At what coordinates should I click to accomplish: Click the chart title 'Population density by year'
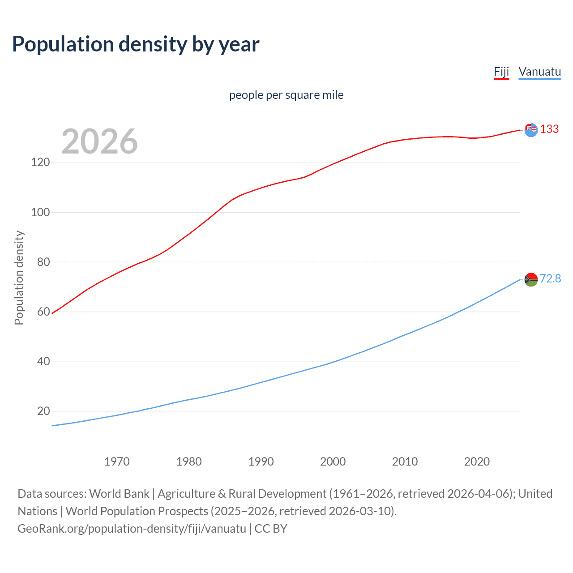[136, 44]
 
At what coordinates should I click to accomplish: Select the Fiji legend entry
[501, 72]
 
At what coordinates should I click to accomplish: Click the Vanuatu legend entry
[539, 72]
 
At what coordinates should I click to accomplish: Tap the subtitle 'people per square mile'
[286, 95]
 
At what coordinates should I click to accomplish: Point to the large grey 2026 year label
[99, 141]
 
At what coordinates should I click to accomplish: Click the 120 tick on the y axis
[40, 162]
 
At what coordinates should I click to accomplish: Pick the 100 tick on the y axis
[40, 212]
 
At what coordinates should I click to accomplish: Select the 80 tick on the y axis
[43, 262]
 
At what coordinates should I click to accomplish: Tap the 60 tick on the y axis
[43, 312]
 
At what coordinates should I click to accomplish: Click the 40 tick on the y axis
[43, 361]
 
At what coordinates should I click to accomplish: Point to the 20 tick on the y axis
[43, 411]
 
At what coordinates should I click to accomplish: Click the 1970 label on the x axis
[117, 462]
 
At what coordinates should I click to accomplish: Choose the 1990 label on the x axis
[261, 462]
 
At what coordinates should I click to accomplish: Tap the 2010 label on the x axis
[405, 462]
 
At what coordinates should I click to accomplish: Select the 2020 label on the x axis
[477, 462]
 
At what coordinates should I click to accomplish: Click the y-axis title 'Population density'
[19, 278]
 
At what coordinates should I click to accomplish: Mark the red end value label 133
[549, 129]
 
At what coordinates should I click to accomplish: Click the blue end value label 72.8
[550, 279]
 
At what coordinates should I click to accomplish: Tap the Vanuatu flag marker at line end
[531, 279]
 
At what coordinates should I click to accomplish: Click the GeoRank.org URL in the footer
[132, 529]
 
